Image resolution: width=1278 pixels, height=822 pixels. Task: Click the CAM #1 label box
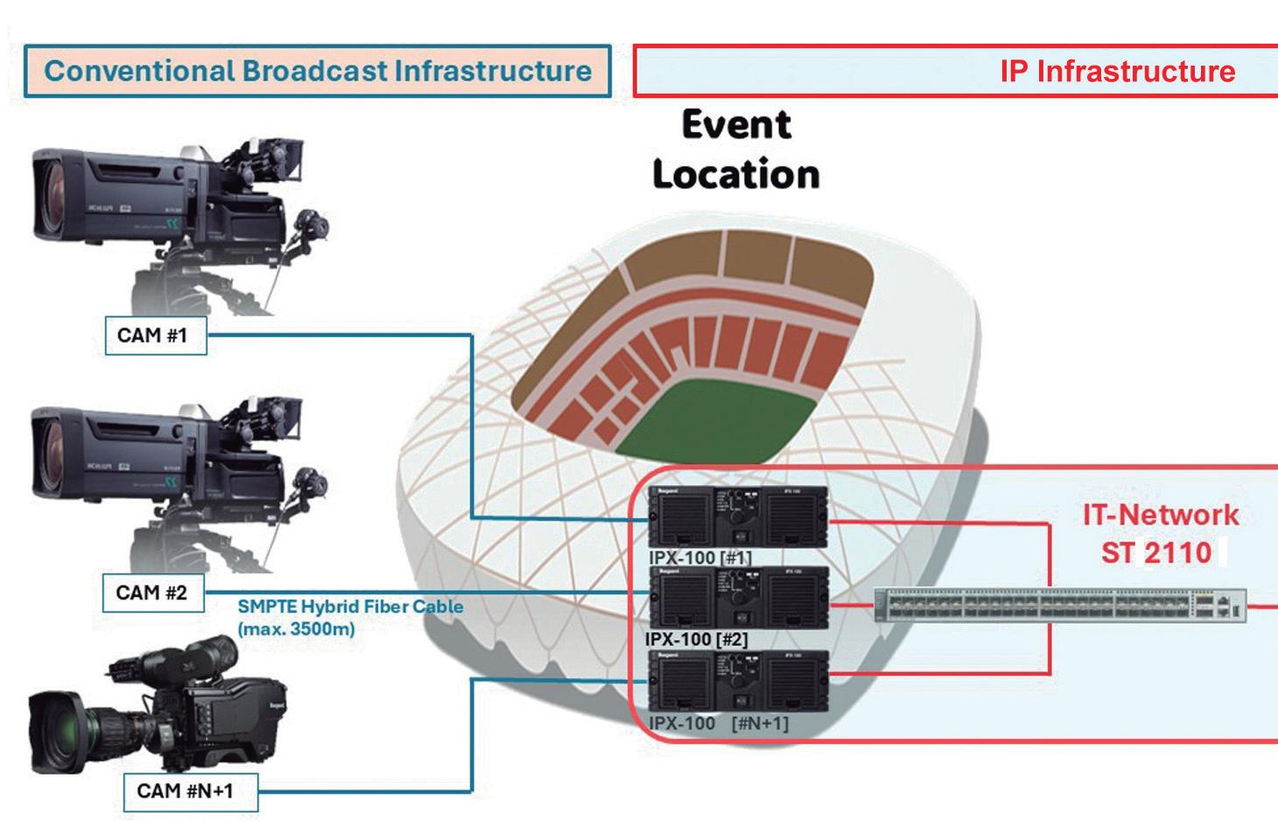pyautogui.click(x=155, y=335)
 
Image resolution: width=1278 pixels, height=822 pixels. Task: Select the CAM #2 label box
pyautogui.click(x=152, y=594)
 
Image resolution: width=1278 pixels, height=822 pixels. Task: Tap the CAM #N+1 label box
pyautogui.click(x=186, y=791)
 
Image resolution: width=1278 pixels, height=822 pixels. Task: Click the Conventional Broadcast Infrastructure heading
pyautogui.click(x=317, y=71)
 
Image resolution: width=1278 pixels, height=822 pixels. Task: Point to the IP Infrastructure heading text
pyautogui.click(x=1117, y=72)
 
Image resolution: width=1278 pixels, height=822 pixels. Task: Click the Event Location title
pyautogui.click(x=736, y=150)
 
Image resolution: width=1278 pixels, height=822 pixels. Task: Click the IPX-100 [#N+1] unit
pyautogui.click(x=737, y=682)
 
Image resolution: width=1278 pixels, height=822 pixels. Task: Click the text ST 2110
pyautogui.click(x=1156, y=552)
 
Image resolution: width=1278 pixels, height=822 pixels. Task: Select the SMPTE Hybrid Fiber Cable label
pyautogui.click(x=350, y=606)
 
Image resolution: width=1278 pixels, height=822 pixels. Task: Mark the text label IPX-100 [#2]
pyautogui.click(x=698, y=640)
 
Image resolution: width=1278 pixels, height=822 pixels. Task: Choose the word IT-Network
pyautogui.click(x=1161, y=515)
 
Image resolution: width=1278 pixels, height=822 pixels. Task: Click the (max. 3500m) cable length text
pyautogui.click(x=296, y=629)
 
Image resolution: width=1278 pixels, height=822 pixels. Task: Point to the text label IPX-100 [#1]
pyautogui.click(x=699, y=558)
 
